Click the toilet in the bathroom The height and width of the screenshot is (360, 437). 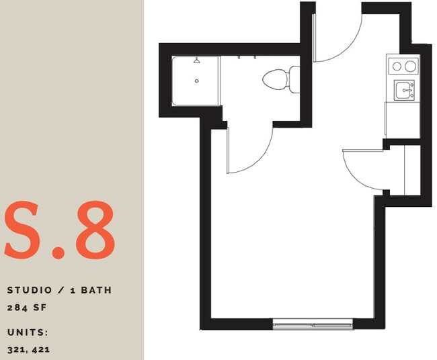click(x=278, y=80)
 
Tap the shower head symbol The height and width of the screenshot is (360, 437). click(x=196, y=61)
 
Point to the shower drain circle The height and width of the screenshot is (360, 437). click(x=196, y=81)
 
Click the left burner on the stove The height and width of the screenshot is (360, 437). click(x=395, y=66)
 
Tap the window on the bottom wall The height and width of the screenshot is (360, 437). click(x=313, y=324)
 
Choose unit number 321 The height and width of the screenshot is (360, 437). click(x=17, y=349)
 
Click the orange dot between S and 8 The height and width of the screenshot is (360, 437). click(x=59, y=252)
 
